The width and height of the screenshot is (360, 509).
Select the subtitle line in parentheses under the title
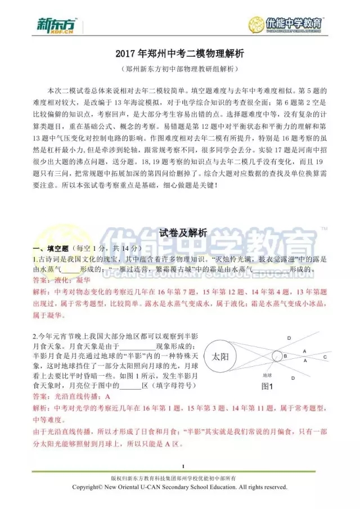tap(180, 69)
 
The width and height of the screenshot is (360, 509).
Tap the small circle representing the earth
tap(277, 356)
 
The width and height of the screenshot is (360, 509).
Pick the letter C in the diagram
tap(325, 357)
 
